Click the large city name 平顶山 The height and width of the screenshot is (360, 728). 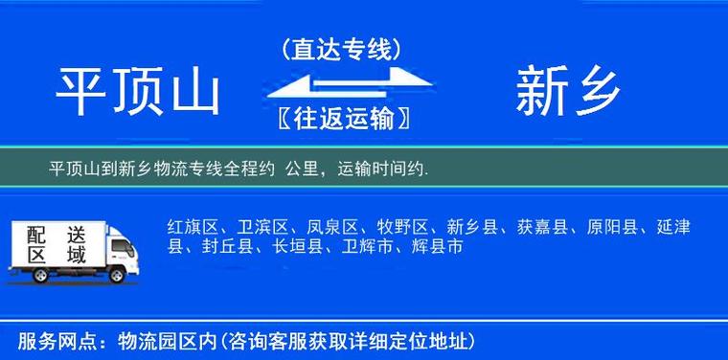tap(138, 93)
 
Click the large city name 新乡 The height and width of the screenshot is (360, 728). tap(568, 93)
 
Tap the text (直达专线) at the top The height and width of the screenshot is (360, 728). tap(342, 47)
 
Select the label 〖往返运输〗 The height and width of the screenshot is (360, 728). tap(342, 119)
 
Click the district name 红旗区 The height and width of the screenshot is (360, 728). tap(190, 227)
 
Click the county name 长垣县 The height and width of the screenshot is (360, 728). tap(295, 247)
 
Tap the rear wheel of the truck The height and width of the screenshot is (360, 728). tap(42, 275)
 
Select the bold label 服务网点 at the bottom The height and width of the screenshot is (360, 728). tap(56, 340)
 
